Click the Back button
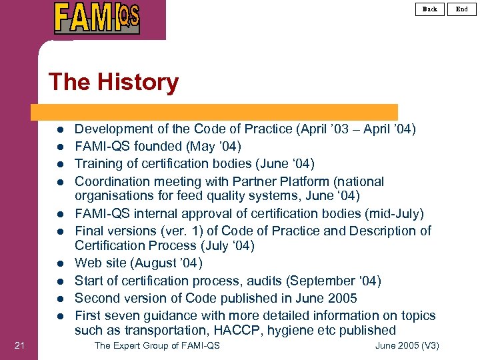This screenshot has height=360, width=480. point(430,9)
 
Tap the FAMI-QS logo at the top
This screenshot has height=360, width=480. point(97,18)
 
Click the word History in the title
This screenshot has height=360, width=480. point(137,82)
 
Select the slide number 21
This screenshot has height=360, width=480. point(19,345)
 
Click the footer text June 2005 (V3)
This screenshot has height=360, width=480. point(407,345)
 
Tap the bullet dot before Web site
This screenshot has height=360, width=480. point(59,264)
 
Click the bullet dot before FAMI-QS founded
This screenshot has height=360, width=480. point(59,147)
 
